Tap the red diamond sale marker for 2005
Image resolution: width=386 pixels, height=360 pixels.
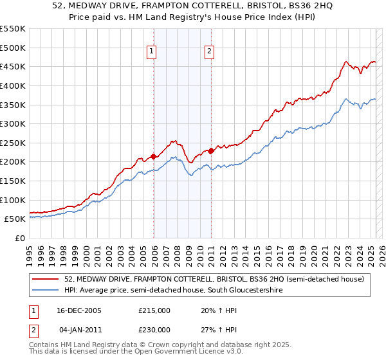[153, 156]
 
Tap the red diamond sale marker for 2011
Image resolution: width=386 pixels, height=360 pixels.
[211, 150]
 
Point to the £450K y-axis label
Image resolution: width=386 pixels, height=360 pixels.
[13, 67]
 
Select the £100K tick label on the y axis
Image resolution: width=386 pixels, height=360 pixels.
[13, 200]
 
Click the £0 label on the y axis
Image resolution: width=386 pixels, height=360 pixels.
[21, 239]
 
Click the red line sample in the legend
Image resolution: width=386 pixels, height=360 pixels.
[46, 279]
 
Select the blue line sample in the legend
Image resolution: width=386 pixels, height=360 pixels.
[46, 291]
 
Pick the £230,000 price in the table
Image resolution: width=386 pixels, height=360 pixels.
[154, 329]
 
